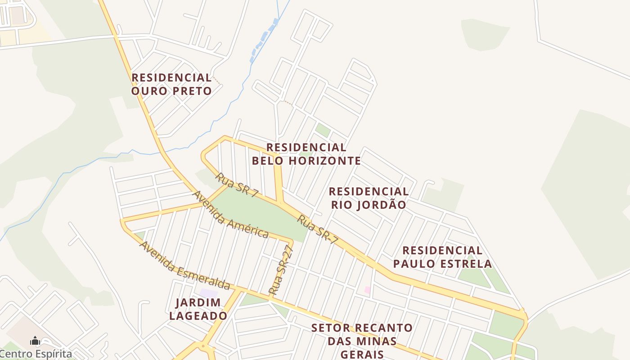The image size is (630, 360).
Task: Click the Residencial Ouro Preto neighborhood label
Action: [x=171, y=84]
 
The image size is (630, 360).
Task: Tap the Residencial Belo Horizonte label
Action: [x=306, y=154]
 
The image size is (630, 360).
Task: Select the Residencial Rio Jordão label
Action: [x=369, y=198]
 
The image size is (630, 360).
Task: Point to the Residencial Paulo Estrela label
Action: [x=442, y=257]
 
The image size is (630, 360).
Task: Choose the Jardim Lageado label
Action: [x=198, y=309]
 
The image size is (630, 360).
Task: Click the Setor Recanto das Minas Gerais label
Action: [x=362, y=341]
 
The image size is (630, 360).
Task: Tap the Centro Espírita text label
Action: [x=36, y=354]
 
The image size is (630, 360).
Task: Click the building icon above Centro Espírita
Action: [x=35, y=341]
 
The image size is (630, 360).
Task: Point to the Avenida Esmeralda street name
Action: [x=185, y=265]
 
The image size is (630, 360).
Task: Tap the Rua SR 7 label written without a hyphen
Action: [x=237, y=184]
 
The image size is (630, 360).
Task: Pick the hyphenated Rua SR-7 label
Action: [x=318, y=229]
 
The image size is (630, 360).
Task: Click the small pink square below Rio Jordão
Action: [x=367, y=290]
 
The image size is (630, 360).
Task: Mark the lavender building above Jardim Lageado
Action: [x=208, y=293]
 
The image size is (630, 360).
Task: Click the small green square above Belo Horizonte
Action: [x=323, y=130]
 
